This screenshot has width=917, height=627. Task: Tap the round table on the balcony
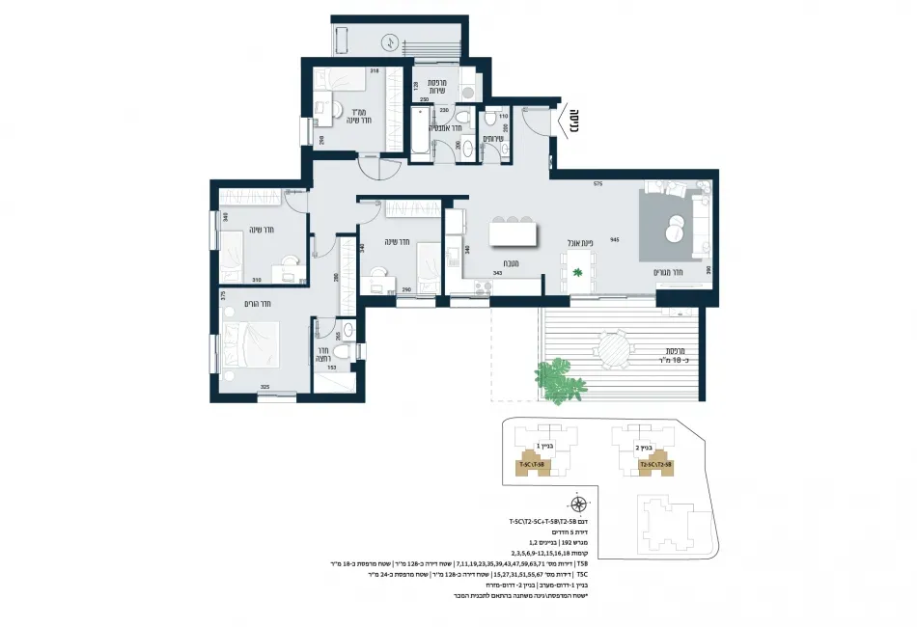click(x=614, y=347)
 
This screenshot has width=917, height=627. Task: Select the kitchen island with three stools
click(x=512, y=232)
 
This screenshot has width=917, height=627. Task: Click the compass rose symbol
click(x=578, y=504)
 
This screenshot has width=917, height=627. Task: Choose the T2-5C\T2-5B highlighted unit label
click(x=655, y=463)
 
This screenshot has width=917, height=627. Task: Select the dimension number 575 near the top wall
click(x=597, y=183)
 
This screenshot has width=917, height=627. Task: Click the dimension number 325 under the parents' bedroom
click(x=264, y=387)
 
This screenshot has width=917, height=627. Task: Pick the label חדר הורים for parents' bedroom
click(x=258, y=304)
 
